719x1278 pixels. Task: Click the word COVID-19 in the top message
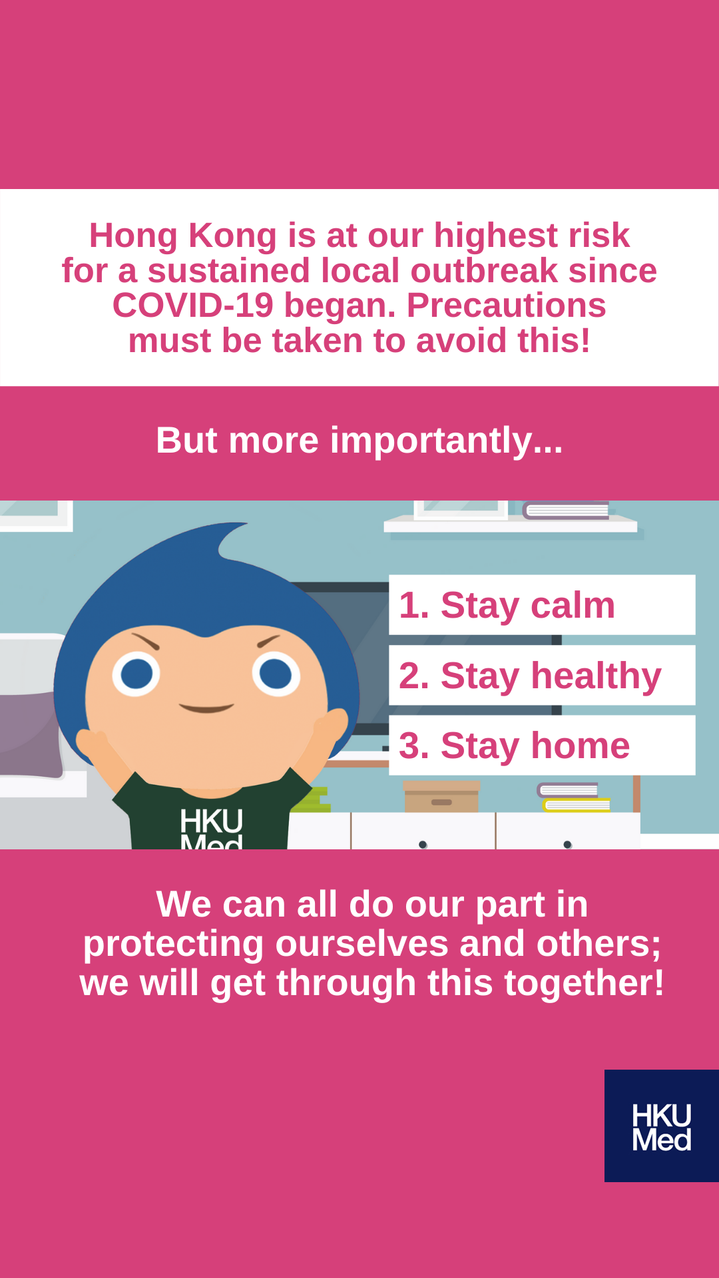[193, 306]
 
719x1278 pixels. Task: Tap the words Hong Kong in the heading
[183, 236]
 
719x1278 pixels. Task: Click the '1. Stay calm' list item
[542, 605]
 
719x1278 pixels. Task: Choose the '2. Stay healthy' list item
[542, 675]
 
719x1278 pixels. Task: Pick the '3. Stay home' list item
[542, 745]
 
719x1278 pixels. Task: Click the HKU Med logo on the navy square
[662, 1127]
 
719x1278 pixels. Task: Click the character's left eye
[136, 674]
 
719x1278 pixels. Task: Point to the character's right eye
[276, 674]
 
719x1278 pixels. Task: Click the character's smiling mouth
[206, 708]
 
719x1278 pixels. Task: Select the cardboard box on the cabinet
[441, 797]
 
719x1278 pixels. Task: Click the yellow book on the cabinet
[577, 805]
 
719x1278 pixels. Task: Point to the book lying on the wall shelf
[566, 511]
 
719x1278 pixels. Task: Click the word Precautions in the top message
[507, 306]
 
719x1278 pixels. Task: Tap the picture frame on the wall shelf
[461, 510]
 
